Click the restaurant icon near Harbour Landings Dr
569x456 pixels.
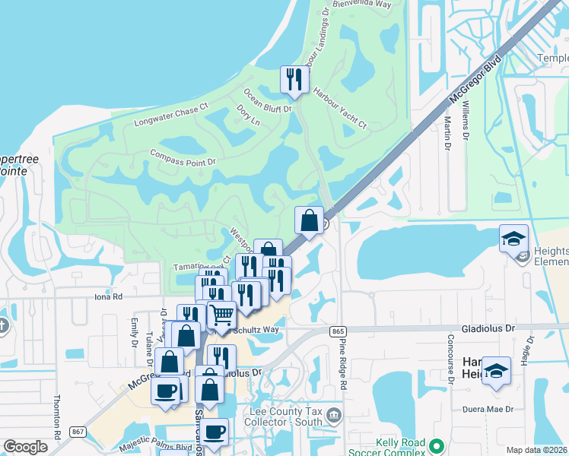[x=294, y=78]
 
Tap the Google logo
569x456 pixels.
[x=25, y=447]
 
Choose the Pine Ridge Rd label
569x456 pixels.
[x=343, y=366]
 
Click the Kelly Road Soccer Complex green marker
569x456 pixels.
[x=436, y=446]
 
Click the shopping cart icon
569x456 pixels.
[x=221, y=313]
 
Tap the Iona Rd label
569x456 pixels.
[x=109, y=298]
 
